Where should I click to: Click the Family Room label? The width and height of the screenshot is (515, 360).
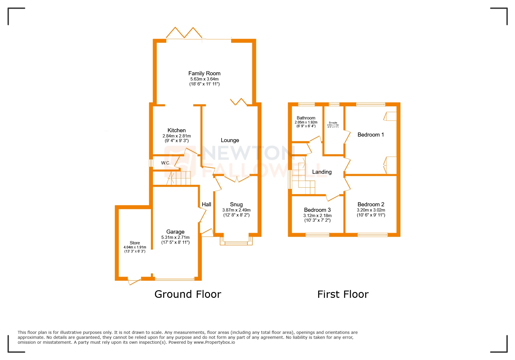204,74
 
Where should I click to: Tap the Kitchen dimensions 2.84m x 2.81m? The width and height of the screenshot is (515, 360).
177,136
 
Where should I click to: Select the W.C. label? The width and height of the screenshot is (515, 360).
165,163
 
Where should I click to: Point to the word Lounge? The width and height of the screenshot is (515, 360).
230,140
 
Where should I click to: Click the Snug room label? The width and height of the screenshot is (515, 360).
236,205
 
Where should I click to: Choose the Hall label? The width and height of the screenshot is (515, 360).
206,205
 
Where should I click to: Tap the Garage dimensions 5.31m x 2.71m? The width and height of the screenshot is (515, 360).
175,237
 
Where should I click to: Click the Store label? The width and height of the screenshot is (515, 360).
135,243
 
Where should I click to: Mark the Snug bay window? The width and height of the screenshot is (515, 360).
236,242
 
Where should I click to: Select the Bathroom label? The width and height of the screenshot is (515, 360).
306,118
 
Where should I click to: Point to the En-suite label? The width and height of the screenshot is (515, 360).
333,123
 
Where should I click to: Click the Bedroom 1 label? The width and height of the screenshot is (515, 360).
370,135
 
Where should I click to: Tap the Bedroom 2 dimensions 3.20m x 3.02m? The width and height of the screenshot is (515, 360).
371,210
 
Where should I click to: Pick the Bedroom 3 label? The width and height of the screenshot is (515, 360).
317,210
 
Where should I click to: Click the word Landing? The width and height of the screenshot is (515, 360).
322,172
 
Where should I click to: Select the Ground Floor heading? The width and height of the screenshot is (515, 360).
188,294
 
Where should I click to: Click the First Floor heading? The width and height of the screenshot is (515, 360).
343,294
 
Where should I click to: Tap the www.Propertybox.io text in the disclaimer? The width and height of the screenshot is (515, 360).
214,342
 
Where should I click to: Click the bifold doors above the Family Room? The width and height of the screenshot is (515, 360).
184,33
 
